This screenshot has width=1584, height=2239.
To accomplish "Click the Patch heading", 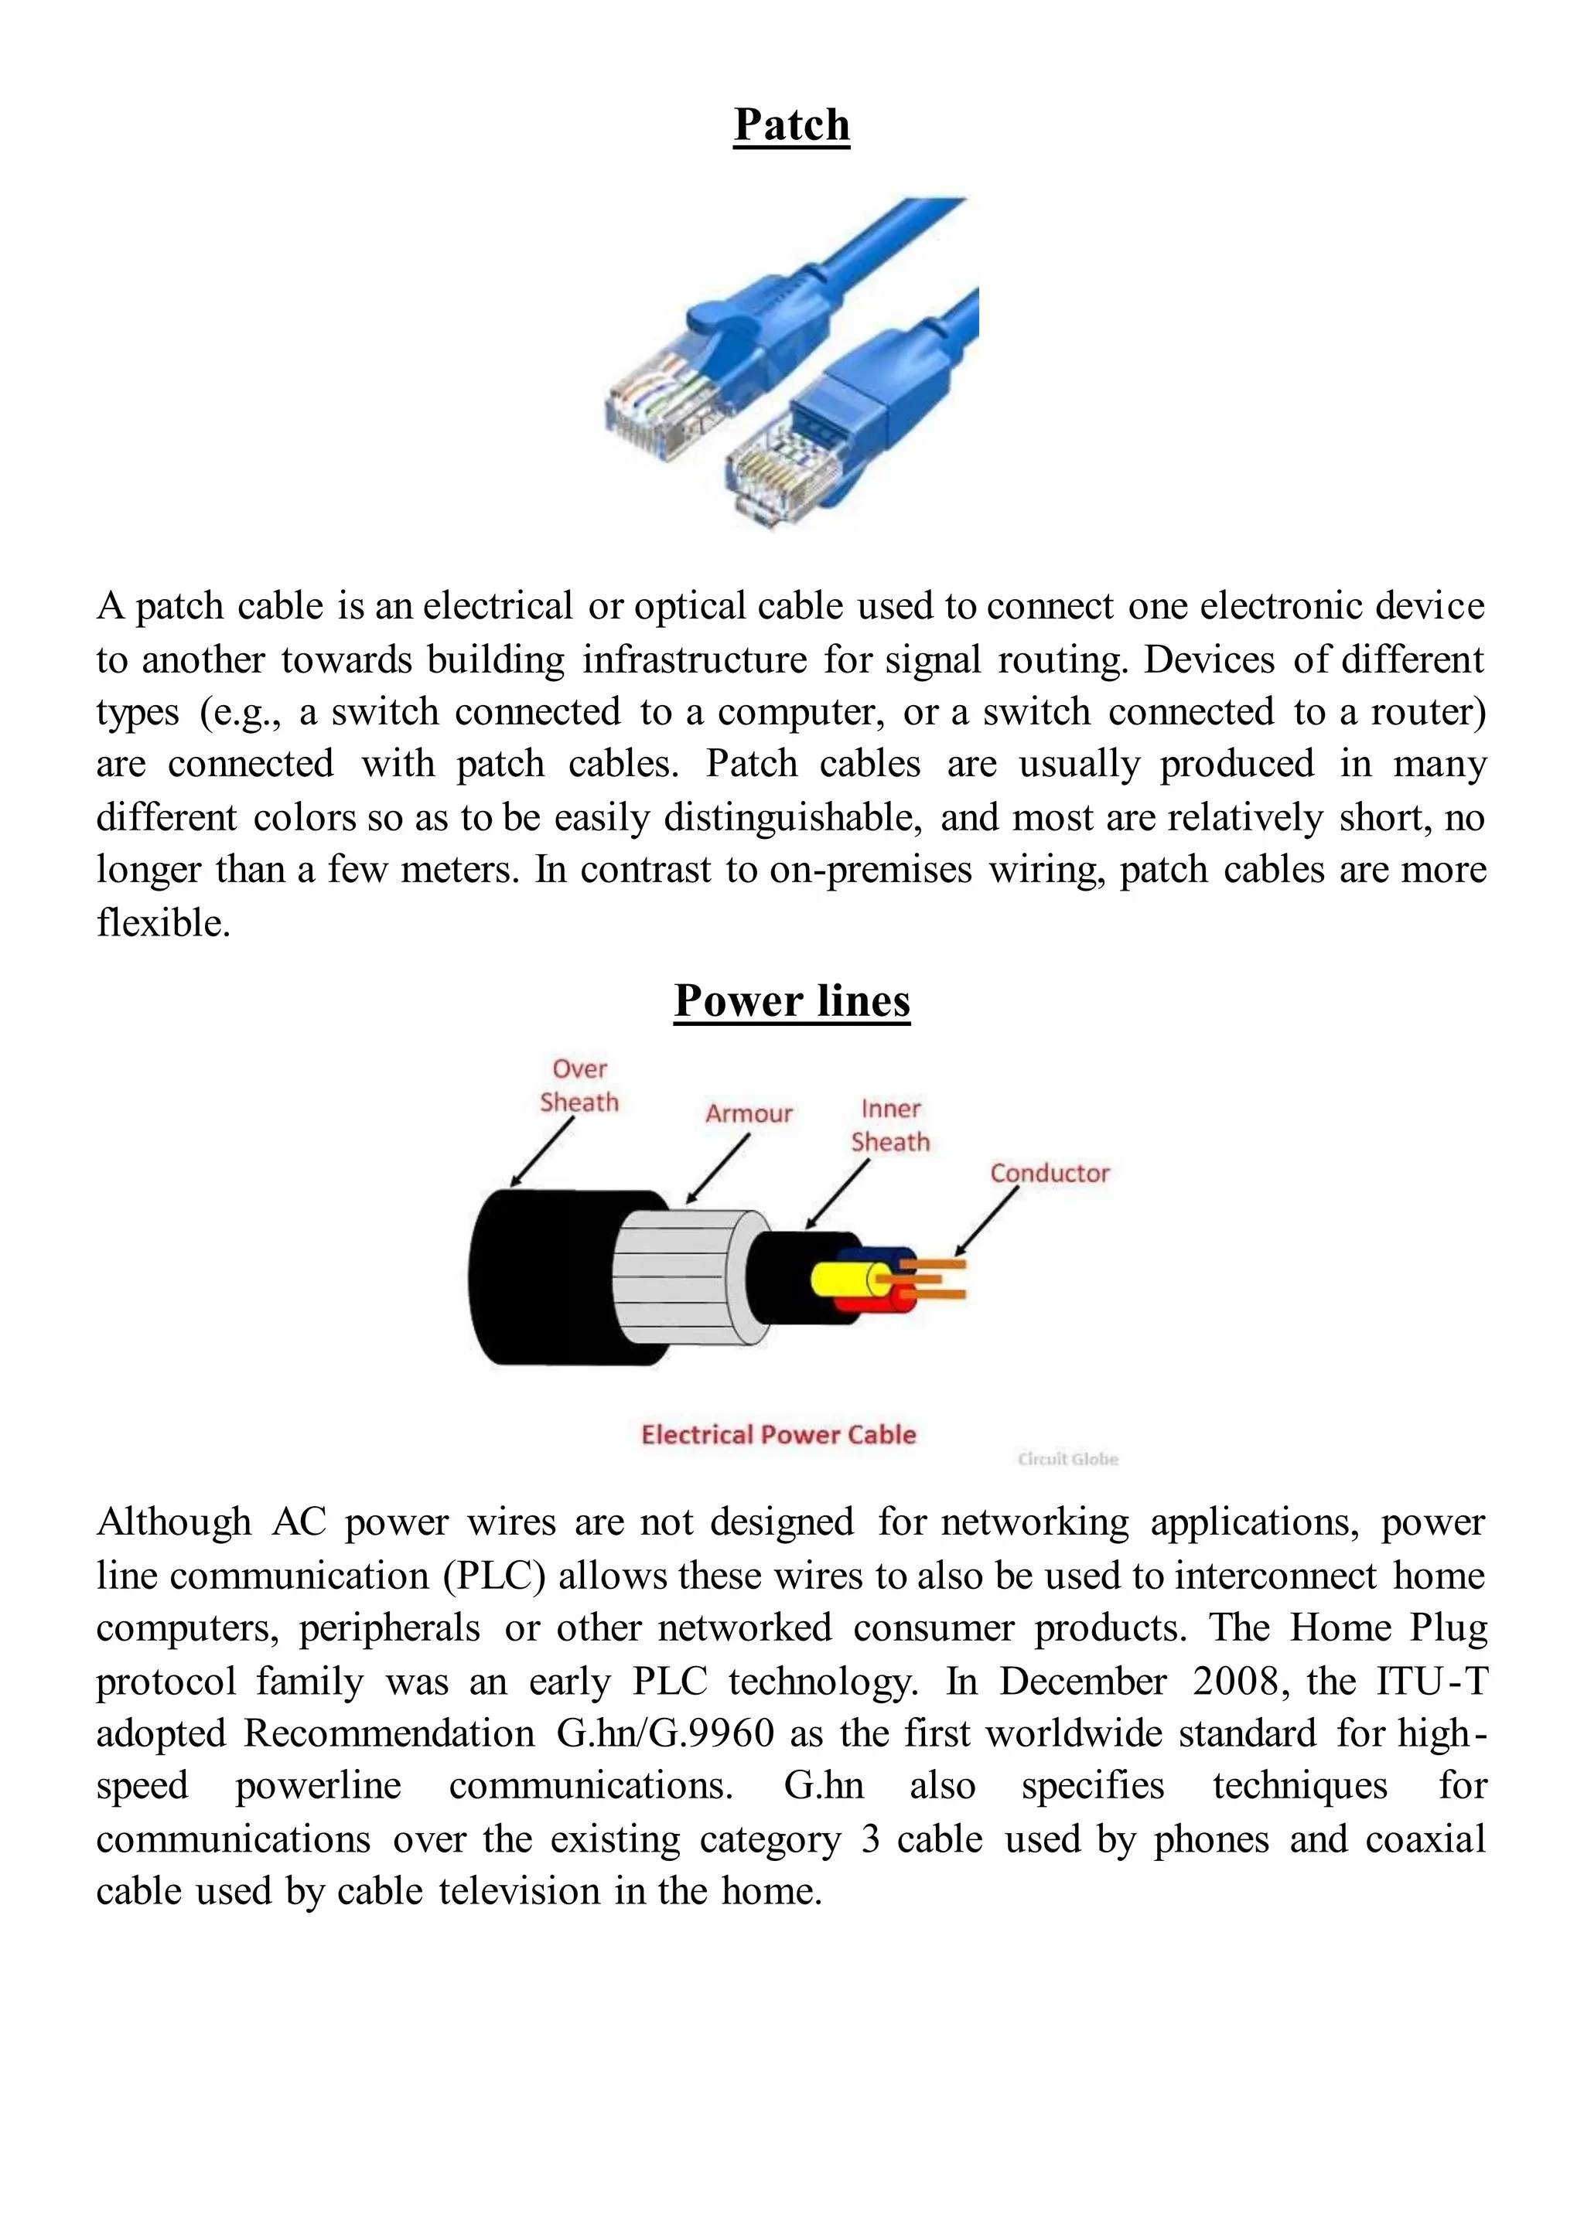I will (791, 124).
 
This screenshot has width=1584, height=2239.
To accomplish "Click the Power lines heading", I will (791, 1000).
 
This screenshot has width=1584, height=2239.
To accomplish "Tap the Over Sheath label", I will (579, 1085).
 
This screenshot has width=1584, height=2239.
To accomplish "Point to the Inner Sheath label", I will (889, 1126).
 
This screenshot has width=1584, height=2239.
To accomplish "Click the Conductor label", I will (1050, 1173).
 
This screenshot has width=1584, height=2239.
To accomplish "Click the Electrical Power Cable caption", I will (778, 1434).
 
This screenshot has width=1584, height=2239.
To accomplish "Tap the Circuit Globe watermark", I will (1067, 1459).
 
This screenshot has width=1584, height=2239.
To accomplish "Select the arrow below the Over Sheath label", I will (543, 1152).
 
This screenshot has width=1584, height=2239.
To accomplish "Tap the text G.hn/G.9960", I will (665, 1734).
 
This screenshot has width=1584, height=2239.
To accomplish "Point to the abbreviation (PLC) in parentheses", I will (493, 1576).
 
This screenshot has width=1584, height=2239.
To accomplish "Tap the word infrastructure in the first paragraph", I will (695, 660).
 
